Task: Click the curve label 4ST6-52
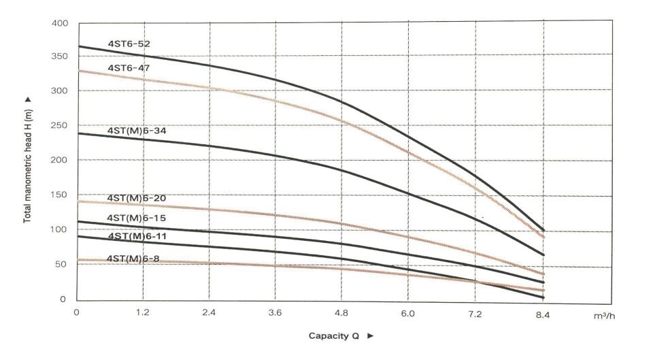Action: (129, 44)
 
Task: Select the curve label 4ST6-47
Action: (129, 68)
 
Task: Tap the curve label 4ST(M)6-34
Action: (136, 129)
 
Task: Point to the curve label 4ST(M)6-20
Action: (136, 198)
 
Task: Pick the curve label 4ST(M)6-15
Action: (136, 218)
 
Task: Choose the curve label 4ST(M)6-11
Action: (136, 235)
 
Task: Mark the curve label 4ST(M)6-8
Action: (133, 259)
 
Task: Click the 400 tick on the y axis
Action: (61, 24)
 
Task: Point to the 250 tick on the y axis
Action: (61, 126)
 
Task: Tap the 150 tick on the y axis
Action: (61, 195)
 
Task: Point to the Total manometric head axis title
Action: (29, 159)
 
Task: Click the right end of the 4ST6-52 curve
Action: (543, 231)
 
